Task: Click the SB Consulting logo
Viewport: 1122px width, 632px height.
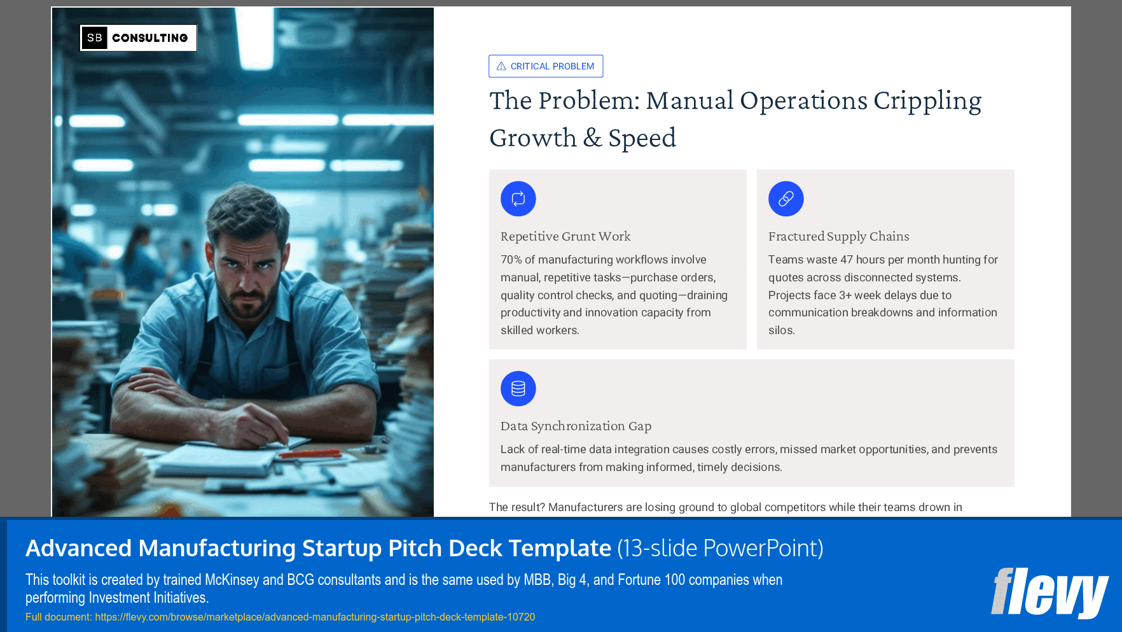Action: point(138,38)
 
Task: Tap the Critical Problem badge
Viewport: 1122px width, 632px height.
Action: point(546,66)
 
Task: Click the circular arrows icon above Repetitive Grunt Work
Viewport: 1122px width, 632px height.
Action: point(518,199)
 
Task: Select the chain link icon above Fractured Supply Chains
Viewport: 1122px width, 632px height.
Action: point(786,199)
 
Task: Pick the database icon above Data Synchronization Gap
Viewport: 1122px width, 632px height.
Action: point(518,389)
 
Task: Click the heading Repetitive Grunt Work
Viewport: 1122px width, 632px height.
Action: point(565,236)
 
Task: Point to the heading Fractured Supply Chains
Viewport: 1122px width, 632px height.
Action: point(838,236)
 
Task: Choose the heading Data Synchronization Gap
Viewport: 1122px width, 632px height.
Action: point(576,426)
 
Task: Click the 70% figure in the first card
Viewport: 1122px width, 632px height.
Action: point(511,260)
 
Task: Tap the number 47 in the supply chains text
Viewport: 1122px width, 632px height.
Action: point(846,260)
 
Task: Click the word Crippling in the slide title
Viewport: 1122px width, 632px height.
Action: point(927,101)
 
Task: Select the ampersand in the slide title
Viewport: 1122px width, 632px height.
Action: point(592,138)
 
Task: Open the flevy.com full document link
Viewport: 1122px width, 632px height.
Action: point(315,617)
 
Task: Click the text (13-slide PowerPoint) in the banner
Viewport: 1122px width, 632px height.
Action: point(720,548)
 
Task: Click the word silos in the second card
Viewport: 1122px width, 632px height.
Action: point(781,330)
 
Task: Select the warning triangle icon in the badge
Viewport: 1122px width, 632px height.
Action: point(501,66)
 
